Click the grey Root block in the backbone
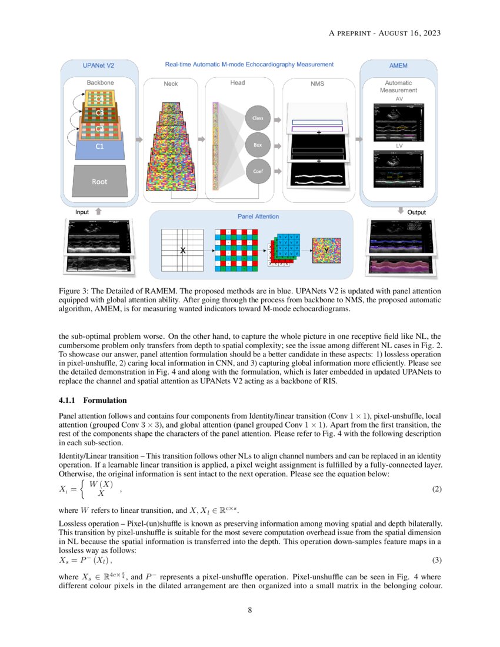pyautogui.click(x=99, y=181)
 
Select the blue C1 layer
pyautogui.click(x=99, y=146)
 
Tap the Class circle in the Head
pyautogui.click(x=258, y=118)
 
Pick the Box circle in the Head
pyautogui.click(x=258, y=144)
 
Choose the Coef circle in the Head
pyautogui.click(x=258, y=171)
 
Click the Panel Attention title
pyautogui.click(x=258, y=216)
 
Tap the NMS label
pyautogui.click(x=317, y=84)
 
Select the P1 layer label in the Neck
pyautogui.click(x=171, y=175)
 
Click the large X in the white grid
pyautogui.click(x=182, y=251)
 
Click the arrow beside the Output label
pyautogui.click(x=399, y=211)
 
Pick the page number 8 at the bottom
pyautogui.click(x=250, y=610)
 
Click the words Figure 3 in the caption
pyautogui.click(x=73, y=291)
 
